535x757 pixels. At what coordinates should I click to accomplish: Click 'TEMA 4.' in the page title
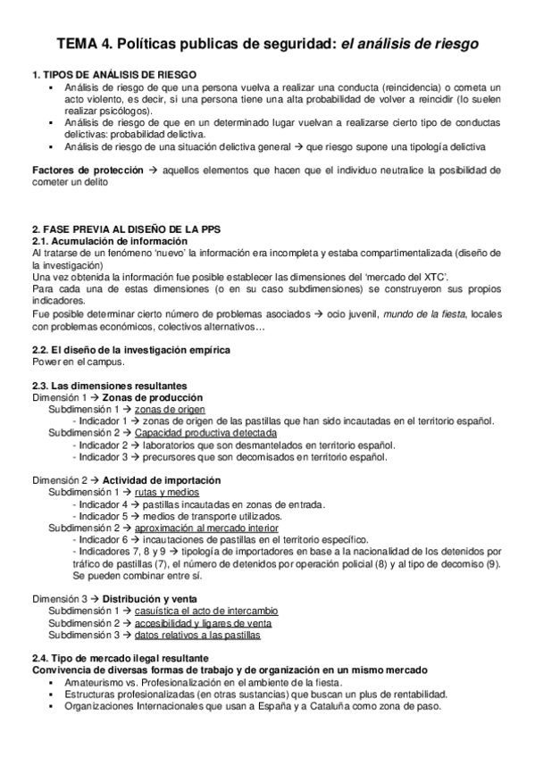point(83,42)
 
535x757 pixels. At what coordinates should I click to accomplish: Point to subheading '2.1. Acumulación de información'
point(110,241)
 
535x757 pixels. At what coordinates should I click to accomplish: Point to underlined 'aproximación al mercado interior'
point(210,528)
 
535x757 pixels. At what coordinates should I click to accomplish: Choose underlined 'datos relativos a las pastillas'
point(197,635)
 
